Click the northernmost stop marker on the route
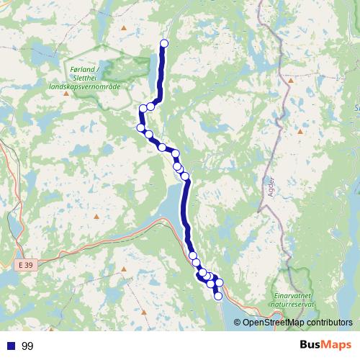point(163,43)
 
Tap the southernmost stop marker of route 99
point(218,296)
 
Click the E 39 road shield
point(26,266)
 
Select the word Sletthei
point(85,77)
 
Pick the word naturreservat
point(294,305)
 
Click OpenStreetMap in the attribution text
point(275,323)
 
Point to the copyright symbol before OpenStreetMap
point(237,323)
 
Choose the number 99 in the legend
point(28,346)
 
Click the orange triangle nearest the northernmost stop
point(125,29)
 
